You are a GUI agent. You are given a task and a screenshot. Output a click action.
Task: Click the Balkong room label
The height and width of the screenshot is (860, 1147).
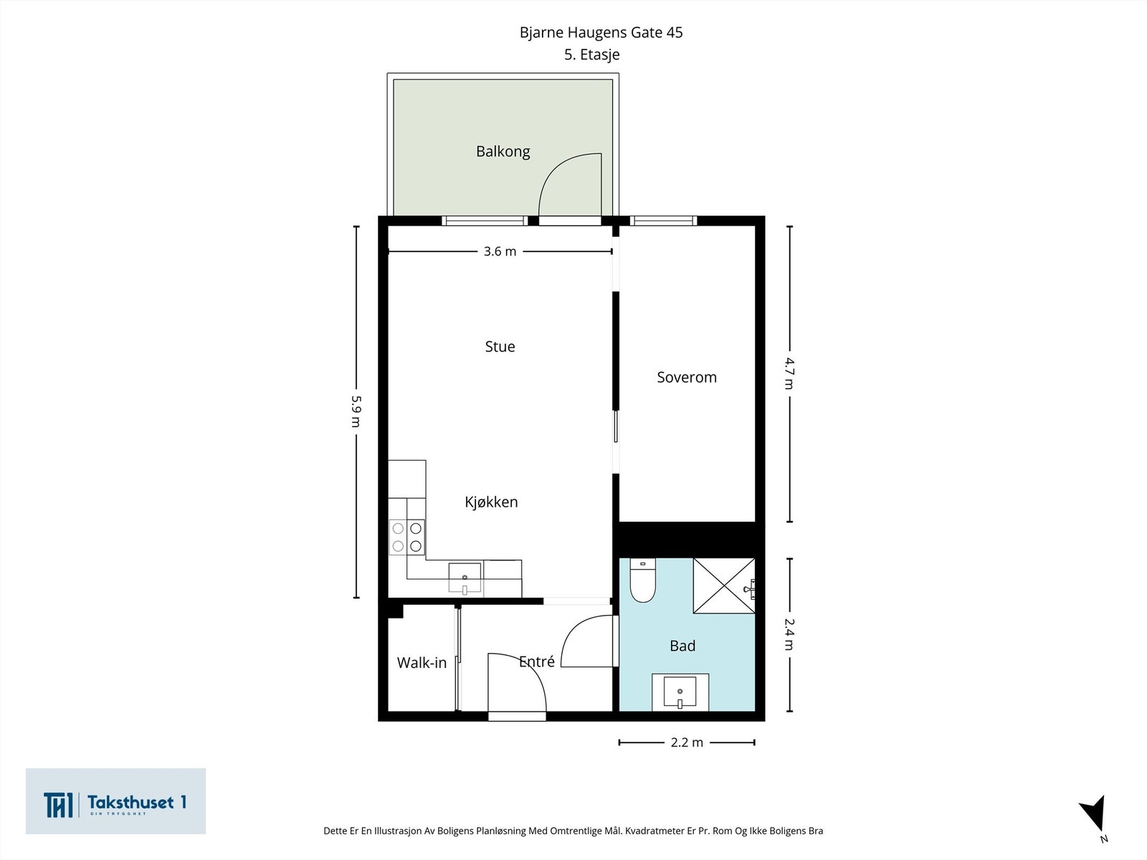pos(503,152)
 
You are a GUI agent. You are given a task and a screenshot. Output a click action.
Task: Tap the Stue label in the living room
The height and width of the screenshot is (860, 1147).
pos(500,347)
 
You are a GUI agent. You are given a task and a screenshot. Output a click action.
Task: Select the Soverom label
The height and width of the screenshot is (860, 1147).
pos(687,378)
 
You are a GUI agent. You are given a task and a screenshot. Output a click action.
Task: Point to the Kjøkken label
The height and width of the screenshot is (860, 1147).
pos(491,502)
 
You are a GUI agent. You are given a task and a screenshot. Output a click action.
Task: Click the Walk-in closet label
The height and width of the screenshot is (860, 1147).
pos(422,663)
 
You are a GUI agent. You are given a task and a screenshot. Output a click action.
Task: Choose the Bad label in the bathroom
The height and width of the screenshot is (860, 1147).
pos(682,646)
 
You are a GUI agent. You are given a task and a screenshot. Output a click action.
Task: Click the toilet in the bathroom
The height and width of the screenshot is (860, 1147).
pos(643,580)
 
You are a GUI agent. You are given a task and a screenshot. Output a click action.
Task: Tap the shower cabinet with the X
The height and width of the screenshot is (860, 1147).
pos(724,586)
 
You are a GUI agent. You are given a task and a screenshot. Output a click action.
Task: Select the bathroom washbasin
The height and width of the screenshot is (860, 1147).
pos(680,692)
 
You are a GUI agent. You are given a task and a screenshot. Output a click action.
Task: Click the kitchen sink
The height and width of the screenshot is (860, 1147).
pos(465,578)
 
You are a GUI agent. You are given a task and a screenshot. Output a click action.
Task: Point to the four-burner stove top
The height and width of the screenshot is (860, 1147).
pos(407,537)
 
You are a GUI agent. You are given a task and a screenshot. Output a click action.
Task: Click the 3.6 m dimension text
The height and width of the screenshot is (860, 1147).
pos(500,252)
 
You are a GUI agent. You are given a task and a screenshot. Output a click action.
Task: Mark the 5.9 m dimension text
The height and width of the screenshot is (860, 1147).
pos(356,411)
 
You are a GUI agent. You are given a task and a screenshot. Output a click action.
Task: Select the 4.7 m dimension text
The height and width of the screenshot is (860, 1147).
pos(789,373)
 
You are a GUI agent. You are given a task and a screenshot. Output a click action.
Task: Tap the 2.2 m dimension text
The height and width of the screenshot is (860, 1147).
pos(687,742)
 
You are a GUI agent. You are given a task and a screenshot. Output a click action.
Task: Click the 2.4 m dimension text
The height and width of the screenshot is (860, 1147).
pos(789,634)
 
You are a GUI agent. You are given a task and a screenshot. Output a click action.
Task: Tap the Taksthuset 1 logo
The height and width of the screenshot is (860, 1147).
pos(115,801)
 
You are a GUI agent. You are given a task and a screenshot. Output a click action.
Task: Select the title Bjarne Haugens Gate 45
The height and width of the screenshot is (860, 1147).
pos(601,32)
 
